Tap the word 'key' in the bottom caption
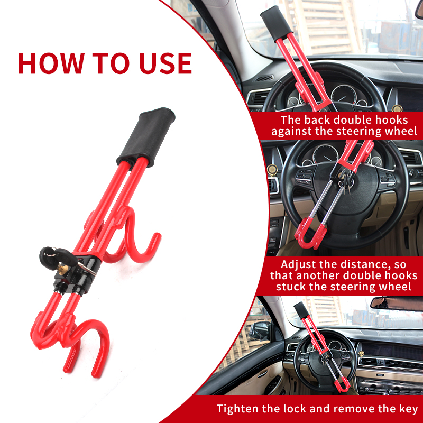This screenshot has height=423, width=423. pos(408,409)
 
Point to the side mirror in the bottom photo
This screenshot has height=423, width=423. pos(260,331)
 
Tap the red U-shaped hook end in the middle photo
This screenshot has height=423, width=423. pos(307,235)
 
